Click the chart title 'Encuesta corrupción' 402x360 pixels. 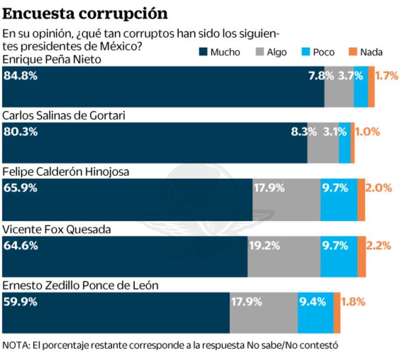85,13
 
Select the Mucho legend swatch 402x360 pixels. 203,52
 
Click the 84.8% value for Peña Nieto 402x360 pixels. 20,75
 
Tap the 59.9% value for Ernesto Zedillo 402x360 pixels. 20,302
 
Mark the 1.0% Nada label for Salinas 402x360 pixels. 367,132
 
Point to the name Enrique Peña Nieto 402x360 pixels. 52,59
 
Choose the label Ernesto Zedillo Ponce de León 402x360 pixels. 80,286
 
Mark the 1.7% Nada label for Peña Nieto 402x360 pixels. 386,75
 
